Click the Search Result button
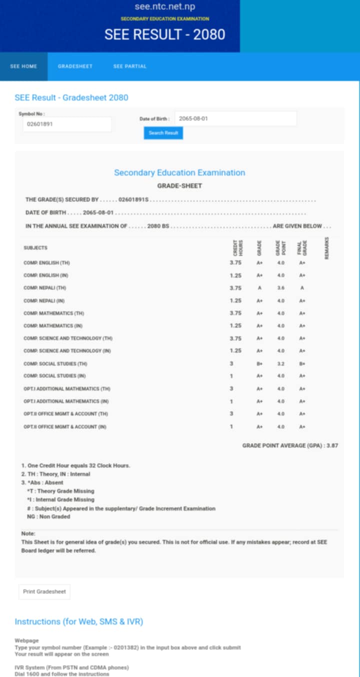pyautogui.click(x=163, y=133)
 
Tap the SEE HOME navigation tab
pyautogui.click(x=23, y=66)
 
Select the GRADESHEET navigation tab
pyautogui.click(x=75, y=66)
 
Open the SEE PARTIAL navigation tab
pyautogui.click(x=130, y=66)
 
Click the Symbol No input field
pyautogui.click(x=67, y=124)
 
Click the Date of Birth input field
pyautogui.click(x=235, y=119)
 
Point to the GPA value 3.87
pyautogui.click(x=332, y=445)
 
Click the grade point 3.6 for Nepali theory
pyautogui.click(x=280, y=288)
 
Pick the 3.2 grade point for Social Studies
pyautogui.click(x=280, y=364)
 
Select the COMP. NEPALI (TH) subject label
pyautogui.click(x=45, y=288)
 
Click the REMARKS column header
pyautogui.click(x=326, y=248)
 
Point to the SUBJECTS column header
pyautogui.click(x=35, y=248)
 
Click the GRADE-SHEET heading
pyautogui.click(x=179, y=186)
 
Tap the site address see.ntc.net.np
pyautogui.click(x=165, y=7)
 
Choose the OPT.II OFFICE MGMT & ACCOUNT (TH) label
pyautogui.click(x=65, y=414)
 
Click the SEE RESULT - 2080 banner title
pyautogui.click(x=165, y=34)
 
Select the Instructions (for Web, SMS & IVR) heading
pyautogui.click(x=79, y=621)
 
